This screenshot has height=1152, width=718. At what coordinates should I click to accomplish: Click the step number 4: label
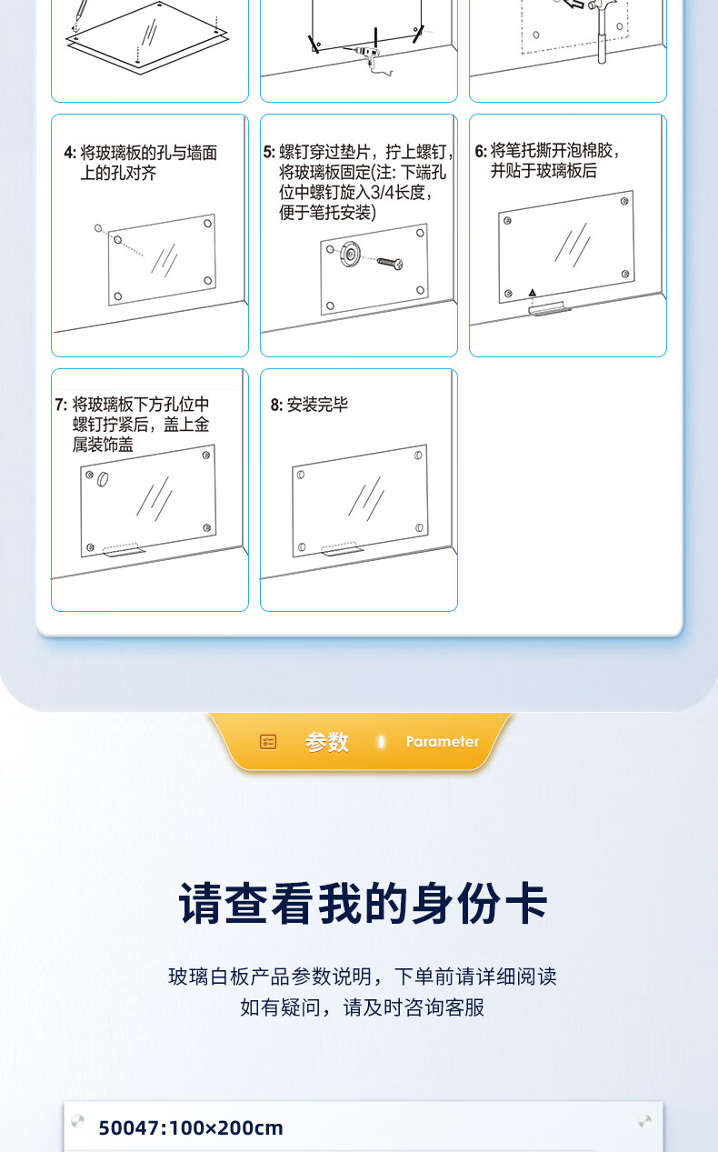point(70,153)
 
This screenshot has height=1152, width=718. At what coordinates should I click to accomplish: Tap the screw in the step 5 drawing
point(390,263)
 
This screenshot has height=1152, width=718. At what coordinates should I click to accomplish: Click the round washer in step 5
point(350,253)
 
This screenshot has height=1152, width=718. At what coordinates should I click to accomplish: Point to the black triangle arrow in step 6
point(533,293)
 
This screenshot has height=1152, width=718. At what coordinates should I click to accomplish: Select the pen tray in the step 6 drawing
point(550,308)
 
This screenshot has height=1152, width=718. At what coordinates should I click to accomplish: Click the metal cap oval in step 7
point(103,479)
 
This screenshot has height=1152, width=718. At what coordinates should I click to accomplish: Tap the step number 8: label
point(276,406)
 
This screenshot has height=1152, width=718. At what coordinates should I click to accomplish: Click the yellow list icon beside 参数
point(268,742)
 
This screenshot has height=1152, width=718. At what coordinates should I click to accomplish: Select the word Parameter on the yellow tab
point(443,742)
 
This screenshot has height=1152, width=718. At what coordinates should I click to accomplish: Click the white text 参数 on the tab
point(327,742)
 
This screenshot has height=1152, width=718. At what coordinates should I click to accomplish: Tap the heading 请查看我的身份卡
point(362,904)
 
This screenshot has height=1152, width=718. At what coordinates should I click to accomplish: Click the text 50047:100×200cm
point(191,1127)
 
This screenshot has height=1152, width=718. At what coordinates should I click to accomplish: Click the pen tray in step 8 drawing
point(342,549)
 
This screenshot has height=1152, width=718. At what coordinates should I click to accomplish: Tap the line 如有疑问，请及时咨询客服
point(362,1007)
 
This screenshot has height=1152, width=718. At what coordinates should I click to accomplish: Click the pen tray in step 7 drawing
point(124,550)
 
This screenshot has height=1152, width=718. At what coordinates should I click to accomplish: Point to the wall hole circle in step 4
point(98,228)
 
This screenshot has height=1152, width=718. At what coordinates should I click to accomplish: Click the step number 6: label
point(481,151)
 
